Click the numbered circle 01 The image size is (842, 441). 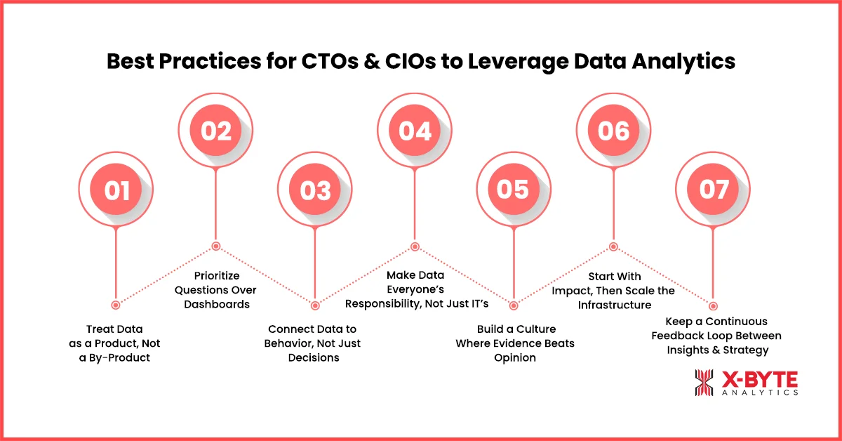(116, 190)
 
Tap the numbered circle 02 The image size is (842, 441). (215, 131)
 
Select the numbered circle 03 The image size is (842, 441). (315, 190)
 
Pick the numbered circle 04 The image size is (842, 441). (414, 131)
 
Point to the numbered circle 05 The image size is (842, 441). (514, 190)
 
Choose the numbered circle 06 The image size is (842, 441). (613, 131)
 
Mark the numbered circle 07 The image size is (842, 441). (713, 190)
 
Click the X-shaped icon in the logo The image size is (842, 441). (704, 383)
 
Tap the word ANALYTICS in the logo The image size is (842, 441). (760, 393)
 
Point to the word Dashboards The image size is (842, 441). (215, 304)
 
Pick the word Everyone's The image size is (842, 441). (415, 289)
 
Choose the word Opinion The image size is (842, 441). (514, 357)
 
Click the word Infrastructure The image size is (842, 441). (615, 305)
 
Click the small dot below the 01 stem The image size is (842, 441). (116, 305)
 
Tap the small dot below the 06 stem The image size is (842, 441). (613, 246)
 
